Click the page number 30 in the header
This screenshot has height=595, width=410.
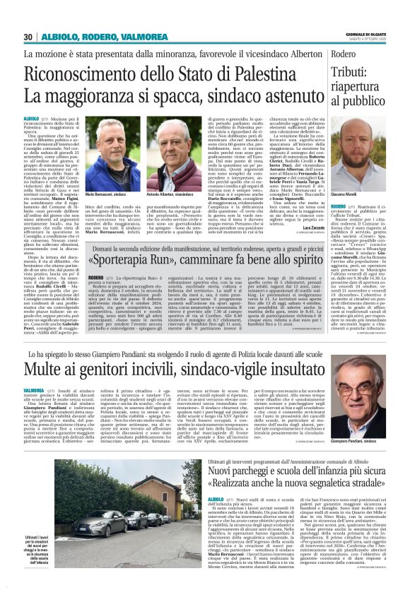coord(28,37)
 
